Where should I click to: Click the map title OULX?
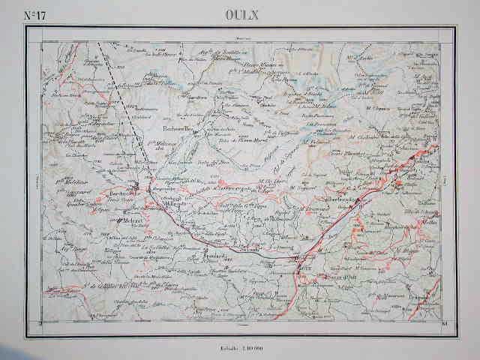tap(238, 14)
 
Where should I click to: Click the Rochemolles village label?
tap(179, 129)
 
